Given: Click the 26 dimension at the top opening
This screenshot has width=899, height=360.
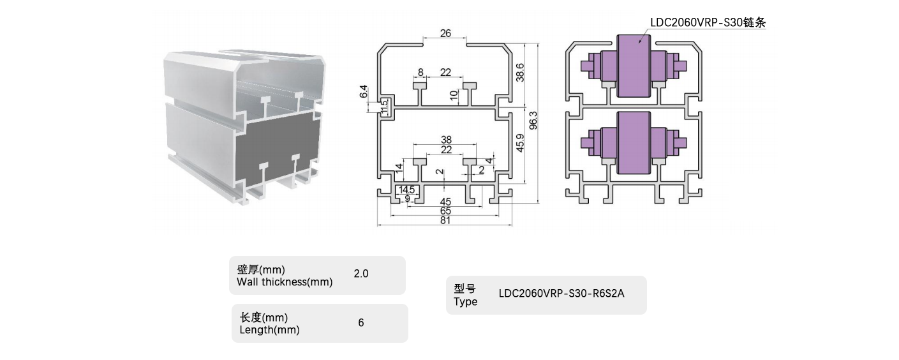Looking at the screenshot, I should [445, 33].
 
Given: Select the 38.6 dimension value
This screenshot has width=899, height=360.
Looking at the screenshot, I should [520, 72].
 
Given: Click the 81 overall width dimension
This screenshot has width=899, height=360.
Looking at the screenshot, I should [445, 221].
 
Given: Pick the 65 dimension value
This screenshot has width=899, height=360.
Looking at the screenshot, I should [445, 211].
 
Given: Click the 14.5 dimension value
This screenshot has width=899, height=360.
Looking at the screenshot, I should [407, 190].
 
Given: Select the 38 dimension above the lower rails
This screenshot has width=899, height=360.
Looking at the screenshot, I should [445, 140].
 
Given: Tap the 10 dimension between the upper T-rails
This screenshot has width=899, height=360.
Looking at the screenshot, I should [454, 95].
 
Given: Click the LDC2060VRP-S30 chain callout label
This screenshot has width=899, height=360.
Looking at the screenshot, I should [707, 22].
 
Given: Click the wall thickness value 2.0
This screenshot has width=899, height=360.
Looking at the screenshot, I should [361, 274].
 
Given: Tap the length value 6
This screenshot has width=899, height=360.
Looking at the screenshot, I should [361, 323].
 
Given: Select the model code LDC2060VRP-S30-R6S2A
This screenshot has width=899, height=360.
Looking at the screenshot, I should [561, 294].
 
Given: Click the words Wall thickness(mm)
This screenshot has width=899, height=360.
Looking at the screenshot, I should [285, 282].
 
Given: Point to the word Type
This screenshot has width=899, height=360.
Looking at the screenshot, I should [466, 302].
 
